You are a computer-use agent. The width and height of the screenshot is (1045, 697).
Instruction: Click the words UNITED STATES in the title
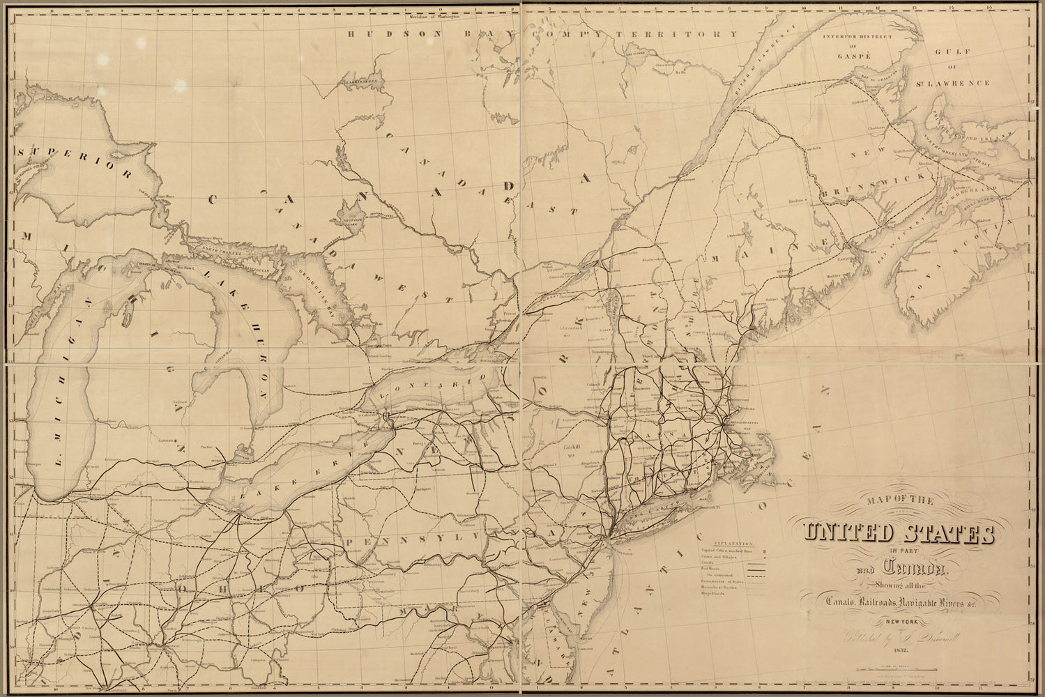coord(899,533)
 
